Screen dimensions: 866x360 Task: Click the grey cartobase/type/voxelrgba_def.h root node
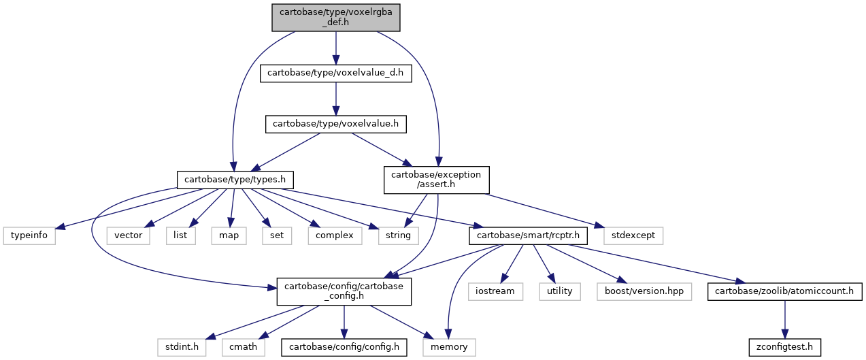[335, 18]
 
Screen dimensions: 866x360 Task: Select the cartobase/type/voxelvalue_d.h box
[335, 73]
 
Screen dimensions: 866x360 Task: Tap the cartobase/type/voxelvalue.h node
[335, 124]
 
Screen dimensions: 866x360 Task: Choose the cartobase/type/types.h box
[235, 180]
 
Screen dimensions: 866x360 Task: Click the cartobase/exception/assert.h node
[437, 180]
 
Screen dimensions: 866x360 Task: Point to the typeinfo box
[29, 235]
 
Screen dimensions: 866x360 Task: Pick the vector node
[129, 235]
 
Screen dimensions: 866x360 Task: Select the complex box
[335, 235]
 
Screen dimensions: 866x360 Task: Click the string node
[398, 235]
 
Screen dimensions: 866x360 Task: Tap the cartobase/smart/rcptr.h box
[528, 235]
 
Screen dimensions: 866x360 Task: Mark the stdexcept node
[633, 235]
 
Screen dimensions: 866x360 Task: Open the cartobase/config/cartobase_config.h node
[344, 291]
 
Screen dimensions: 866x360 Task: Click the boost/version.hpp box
[644, 291]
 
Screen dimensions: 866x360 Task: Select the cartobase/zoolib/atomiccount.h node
[784, 291]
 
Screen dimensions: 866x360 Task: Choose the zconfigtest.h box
[784, 347]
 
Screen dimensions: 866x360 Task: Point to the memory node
[449, 347]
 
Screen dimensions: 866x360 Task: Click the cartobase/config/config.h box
[344, 347]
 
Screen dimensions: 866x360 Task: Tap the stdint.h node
[182, 347]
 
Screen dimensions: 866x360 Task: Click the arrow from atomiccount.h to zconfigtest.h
[784, 319]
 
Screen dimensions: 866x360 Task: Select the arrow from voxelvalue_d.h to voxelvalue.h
[335, 99]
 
